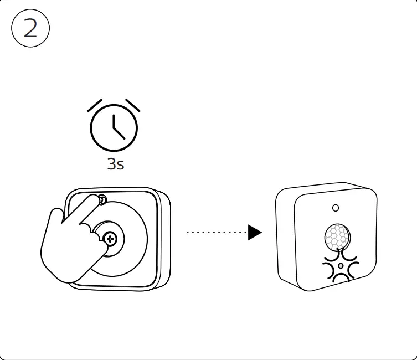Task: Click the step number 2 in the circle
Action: coord(30,29)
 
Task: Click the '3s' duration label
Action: coord(115,164)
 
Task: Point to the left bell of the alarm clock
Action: coord(95,105)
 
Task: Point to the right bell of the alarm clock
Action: coord(133,105)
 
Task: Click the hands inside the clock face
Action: coord(116,128)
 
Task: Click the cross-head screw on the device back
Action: coord(110,239)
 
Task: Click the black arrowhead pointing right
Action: coord(254,233)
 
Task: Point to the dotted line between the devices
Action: coord(216,233)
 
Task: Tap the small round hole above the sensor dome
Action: coord(335,208)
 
